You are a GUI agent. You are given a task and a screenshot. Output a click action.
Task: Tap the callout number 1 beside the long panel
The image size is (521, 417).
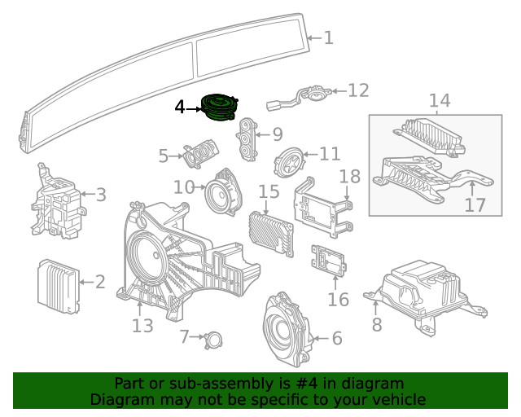click(x=328, y=37)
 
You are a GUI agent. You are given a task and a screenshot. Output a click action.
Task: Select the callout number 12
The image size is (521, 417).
click(x=358, y=90)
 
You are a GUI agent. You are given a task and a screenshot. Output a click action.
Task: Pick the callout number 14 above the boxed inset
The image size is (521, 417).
click(x=440, y=101)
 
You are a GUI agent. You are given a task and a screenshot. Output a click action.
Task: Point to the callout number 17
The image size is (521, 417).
click(x=475, y=204)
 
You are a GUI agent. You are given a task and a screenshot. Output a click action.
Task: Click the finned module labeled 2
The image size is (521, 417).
click(x=57, y=284)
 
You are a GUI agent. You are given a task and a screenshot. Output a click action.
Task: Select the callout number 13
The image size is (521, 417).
click(x=142, y=326)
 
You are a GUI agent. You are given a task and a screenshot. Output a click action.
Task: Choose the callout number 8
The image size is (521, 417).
click(x=376, y=325)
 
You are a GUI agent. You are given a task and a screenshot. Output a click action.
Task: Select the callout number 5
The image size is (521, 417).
click(x=164, y=155)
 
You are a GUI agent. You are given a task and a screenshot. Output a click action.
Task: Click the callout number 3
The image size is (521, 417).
click(x=100, y=194)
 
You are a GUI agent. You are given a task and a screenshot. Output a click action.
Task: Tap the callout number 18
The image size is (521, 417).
click(x=349, y=176)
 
